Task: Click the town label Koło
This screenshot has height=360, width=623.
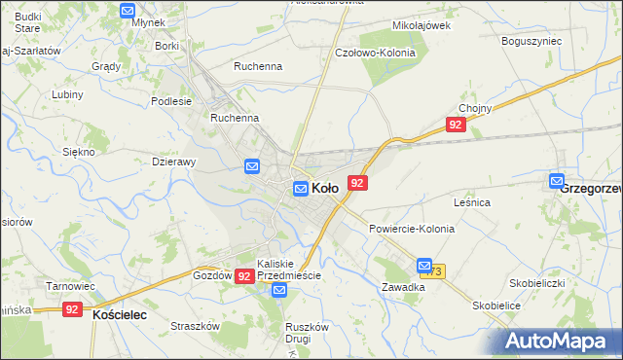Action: tap(325, 188)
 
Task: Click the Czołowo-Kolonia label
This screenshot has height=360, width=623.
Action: tap(375, 53)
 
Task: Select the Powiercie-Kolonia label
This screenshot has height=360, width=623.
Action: tap(411, 228)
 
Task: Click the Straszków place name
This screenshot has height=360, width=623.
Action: tap(191, 327)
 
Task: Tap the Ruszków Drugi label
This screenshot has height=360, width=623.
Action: tap(297, 333)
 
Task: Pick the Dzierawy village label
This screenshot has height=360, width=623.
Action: tap(175, 162)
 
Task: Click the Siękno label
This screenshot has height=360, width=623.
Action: tap(78, 152)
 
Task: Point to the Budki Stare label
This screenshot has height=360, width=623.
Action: tap(20, 22)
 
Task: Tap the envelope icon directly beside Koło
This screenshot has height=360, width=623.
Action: tap(302, 188)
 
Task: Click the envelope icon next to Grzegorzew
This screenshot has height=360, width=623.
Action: tap(556, 180)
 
